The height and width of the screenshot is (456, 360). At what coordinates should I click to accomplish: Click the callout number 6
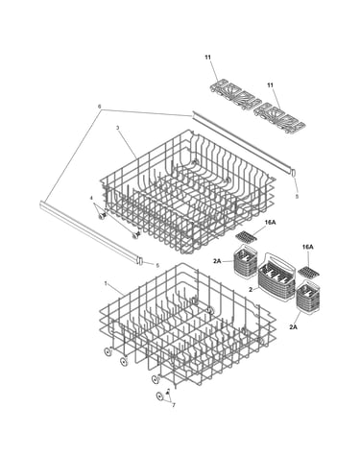click(99, 106)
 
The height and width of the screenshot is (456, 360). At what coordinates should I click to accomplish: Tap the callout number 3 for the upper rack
click(117, 128)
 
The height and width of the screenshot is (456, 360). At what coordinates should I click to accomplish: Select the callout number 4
click(91, 199)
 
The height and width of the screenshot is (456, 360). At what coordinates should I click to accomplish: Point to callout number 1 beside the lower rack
click(106, 283)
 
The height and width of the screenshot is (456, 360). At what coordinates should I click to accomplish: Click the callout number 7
click(174, 405)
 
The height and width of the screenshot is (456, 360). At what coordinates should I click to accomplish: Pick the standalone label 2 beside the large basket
click(251, 289)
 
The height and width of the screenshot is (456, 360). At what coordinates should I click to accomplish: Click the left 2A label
click(217, 261)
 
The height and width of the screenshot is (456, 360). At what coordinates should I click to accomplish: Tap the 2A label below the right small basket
click(293, 327)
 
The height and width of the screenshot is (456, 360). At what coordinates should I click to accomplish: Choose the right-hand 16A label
click(308, 247)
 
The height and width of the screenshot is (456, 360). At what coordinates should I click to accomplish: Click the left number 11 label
click(208, 58)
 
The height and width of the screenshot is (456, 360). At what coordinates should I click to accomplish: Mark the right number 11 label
click(271, 85)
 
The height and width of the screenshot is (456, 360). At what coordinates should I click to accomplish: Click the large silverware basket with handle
click(277, 278)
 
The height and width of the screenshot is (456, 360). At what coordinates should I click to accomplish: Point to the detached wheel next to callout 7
click(160, 396)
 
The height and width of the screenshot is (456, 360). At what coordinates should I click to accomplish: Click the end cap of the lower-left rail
click(140, 259)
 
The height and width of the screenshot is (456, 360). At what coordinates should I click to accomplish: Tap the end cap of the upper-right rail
click(293, 172)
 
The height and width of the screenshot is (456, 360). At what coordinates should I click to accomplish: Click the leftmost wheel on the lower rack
click(108, 352)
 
